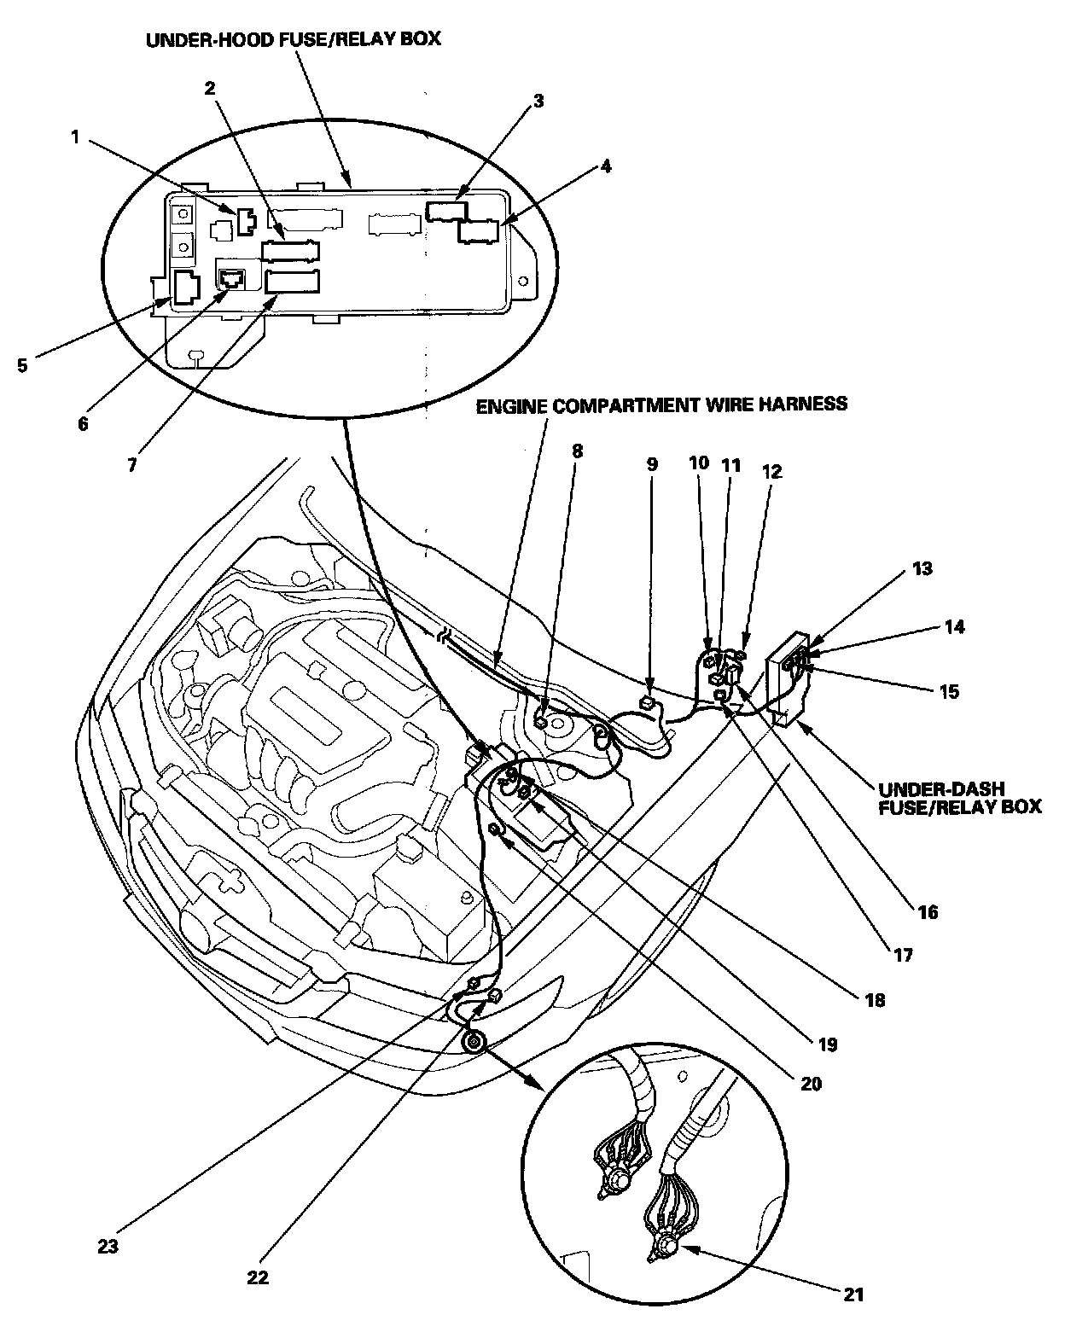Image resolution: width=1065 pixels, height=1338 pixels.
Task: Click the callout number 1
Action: click(75, 136)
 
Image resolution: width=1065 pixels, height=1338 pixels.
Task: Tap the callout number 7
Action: click(131, 466)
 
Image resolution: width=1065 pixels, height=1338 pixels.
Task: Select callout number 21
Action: click(853, 1294)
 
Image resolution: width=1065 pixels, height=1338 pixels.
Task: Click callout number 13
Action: click(922, 568)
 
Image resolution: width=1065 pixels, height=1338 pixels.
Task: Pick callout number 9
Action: click(652, 464)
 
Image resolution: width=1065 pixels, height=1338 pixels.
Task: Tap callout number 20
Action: click(811, 1084)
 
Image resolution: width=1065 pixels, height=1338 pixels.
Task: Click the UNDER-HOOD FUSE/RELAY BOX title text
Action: click(294, 39)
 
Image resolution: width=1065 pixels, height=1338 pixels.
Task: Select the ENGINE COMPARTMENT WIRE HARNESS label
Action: click(661, 404)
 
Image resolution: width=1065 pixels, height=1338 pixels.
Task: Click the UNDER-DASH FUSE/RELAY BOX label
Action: click(959, 797)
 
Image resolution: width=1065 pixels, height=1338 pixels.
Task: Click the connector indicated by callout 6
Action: click(231, 278)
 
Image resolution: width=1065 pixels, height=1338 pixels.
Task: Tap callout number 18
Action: click(874, 999)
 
